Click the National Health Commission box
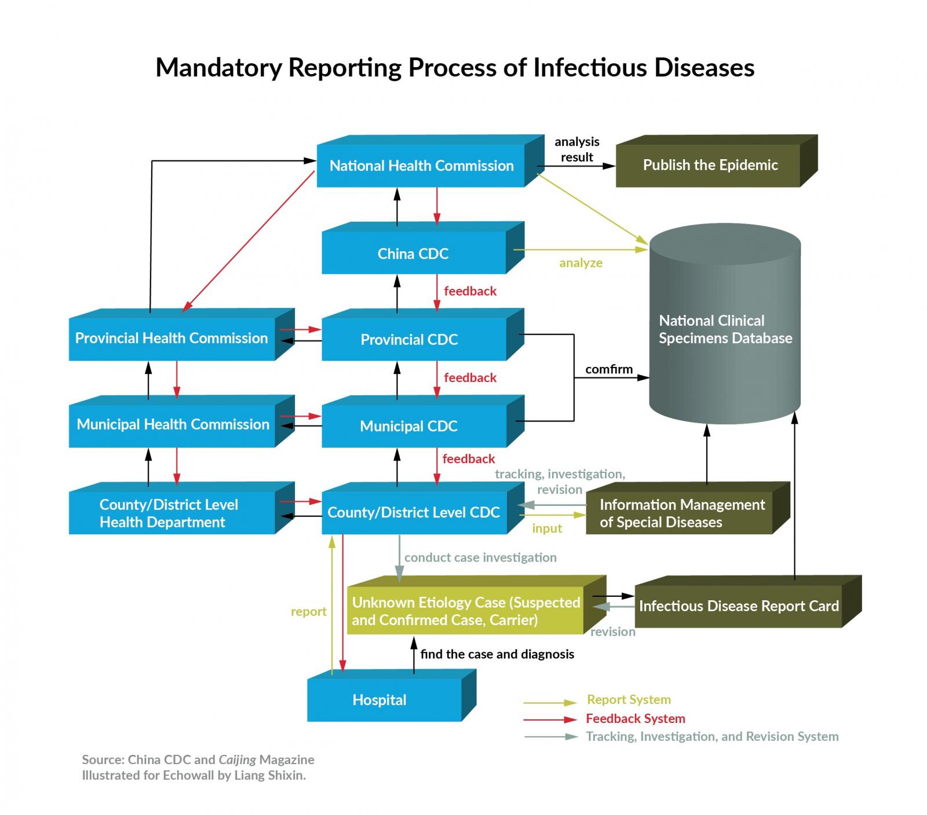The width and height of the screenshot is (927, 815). tap(421, 166)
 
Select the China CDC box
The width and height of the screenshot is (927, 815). tap(413, 254)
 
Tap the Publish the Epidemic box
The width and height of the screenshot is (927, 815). tap(710, 166)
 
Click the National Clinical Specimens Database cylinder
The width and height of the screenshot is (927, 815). tap(725, 329)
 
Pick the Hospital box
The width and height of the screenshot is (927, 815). tap(379, 700)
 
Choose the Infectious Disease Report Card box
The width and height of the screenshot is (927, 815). tap(738, 607)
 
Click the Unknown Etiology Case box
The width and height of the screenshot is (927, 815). tap(465, 611)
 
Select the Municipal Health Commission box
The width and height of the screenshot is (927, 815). tap(173, 425)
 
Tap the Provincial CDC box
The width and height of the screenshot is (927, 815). tap(409, 340)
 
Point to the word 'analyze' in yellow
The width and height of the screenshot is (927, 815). tap(581, 263)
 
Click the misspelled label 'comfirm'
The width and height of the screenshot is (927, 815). tap(608, 369)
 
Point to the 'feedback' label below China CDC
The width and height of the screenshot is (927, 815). tap(470, 291)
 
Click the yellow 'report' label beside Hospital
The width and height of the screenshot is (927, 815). tap(308, 612)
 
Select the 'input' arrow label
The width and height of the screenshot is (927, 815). tap(547, 528)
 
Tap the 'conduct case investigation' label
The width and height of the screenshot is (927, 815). tap(480, 557)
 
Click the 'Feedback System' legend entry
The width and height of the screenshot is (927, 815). tap(635, 719)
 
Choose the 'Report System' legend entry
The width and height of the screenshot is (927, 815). tap(629, 700)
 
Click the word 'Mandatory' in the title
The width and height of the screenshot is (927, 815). tap(218, 68)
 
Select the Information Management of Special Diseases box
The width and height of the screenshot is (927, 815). tap(681, 513)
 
